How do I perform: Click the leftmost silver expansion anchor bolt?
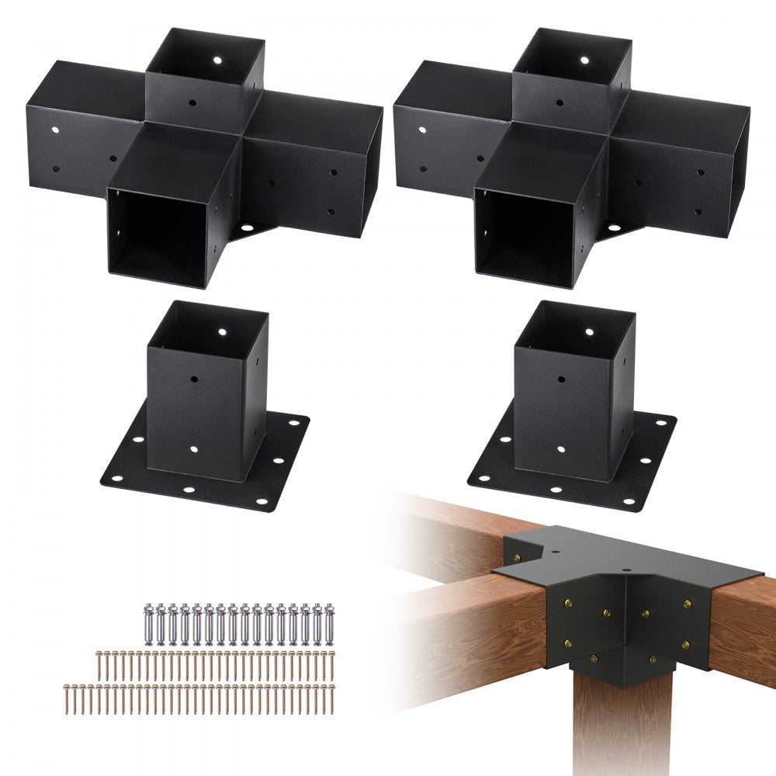[x=148, y=620]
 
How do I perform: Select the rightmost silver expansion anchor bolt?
[x=331, y=620]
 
